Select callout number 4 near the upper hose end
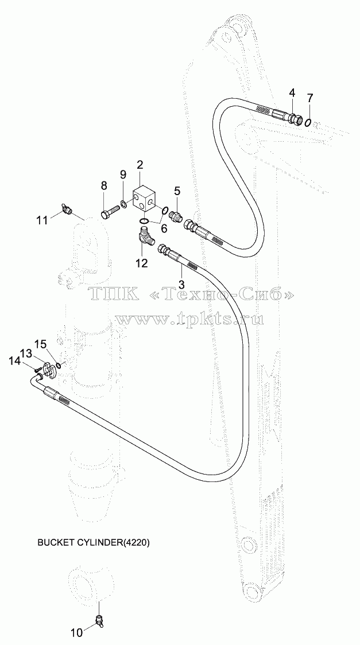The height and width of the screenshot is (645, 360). [x=292, y=94]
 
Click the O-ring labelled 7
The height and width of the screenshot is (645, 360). [x=308, y=123]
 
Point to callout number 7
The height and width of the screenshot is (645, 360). [x=310, y=98]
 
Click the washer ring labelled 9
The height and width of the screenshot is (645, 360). [x=123, y=203]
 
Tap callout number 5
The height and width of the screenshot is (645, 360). [x=177, y=191]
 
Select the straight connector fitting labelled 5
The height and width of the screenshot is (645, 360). [x=176, y=216]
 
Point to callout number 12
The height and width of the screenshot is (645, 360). [x=142, y=263]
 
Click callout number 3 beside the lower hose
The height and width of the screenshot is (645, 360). [x=181, y=285]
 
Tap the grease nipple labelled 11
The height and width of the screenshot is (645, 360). [x=67, y=209]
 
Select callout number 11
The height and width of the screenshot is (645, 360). [x=42, y=220]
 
